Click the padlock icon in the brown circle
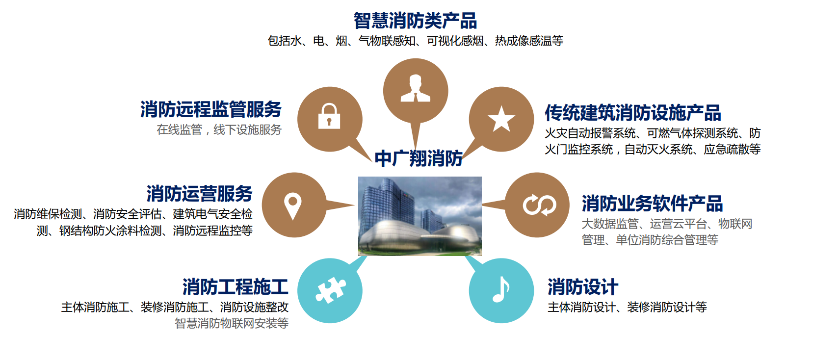(329, 116)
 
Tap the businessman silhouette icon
(415, 89)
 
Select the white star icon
(501, 119)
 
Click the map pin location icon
(293, 206)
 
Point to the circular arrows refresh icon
(539, 205)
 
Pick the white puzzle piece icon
(330, 290)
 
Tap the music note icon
(501, 289)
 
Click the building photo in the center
(419, 216)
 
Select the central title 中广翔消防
(419, 159)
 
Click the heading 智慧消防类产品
(415, 21)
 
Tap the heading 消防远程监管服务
(211, 109)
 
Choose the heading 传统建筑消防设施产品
(632, 113)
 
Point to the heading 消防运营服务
(199, 194)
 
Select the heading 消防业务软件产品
(652, 204)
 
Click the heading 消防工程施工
(235, 287)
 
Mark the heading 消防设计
(582, 287)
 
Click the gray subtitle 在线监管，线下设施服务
(219, 130)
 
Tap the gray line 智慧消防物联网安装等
(232, 323)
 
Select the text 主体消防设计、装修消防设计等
(627, 308)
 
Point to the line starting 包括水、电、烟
(415, 41)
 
